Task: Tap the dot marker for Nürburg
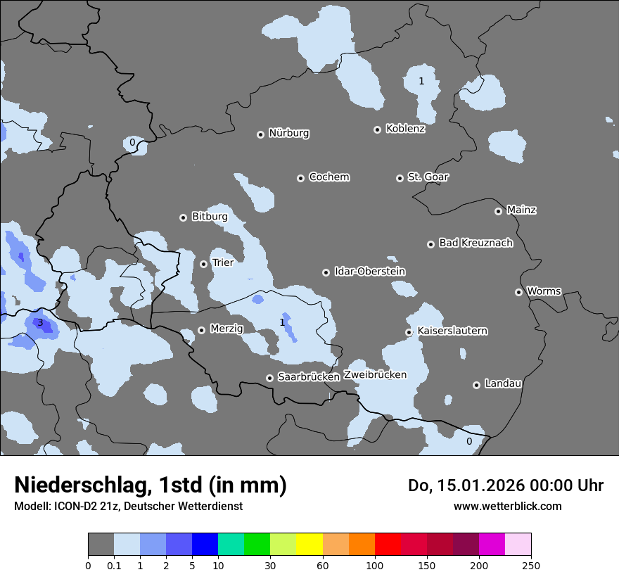[x=260, y=134]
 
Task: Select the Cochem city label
[x=328, y=177]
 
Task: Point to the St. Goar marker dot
[x=400, y=178]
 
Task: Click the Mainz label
[x=521, y=210]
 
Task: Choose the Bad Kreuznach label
[x=476, y=243]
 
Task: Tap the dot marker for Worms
[x=518, y=292]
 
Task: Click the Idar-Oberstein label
[x=369, y=272]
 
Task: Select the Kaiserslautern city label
[x=452, y=331]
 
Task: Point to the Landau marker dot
[x=476, y=385]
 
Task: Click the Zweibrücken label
[x=375, y=375]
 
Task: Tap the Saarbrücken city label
[x=308, y=377]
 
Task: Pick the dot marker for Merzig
[x=201, y=330]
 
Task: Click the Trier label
[x=222, y=262]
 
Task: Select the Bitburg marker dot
[x=183, y=217]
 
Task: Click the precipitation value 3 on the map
[x=40, y=323]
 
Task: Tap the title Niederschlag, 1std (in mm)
[x=151, y=485]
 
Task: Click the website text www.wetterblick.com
[x=507, y=507]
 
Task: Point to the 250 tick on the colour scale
[x=531, y=565]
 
